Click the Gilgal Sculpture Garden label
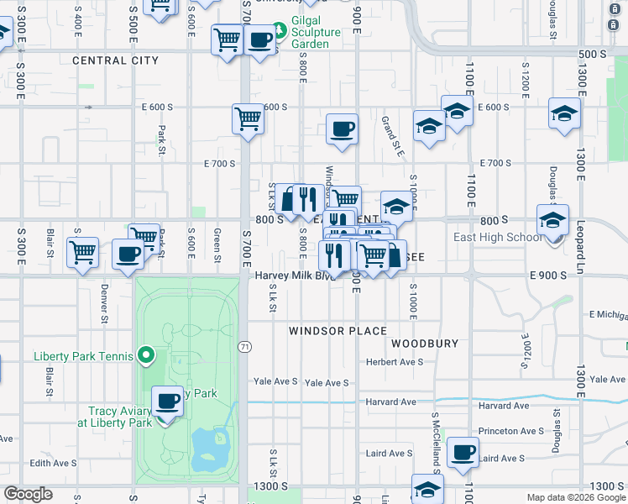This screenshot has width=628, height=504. (316, 32)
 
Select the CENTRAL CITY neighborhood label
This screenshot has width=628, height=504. (115, 60)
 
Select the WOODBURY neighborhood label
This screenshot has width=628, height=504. (425, 344)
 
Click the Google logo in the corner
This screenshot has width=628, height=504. (28, 494)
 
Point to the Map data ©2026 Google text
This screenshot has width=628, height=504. (576, 497)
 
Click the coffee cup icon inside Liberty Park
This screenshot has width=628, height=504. (168, 401)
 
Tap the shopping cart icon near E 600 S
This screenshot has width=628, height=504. (248, 118)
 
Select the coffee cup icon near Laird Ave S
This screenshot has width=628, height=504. (463, 453)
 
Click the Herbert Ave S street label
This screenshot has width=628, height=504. (399, 362)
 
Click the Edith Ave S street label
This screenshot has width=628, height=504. (53, 463)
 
